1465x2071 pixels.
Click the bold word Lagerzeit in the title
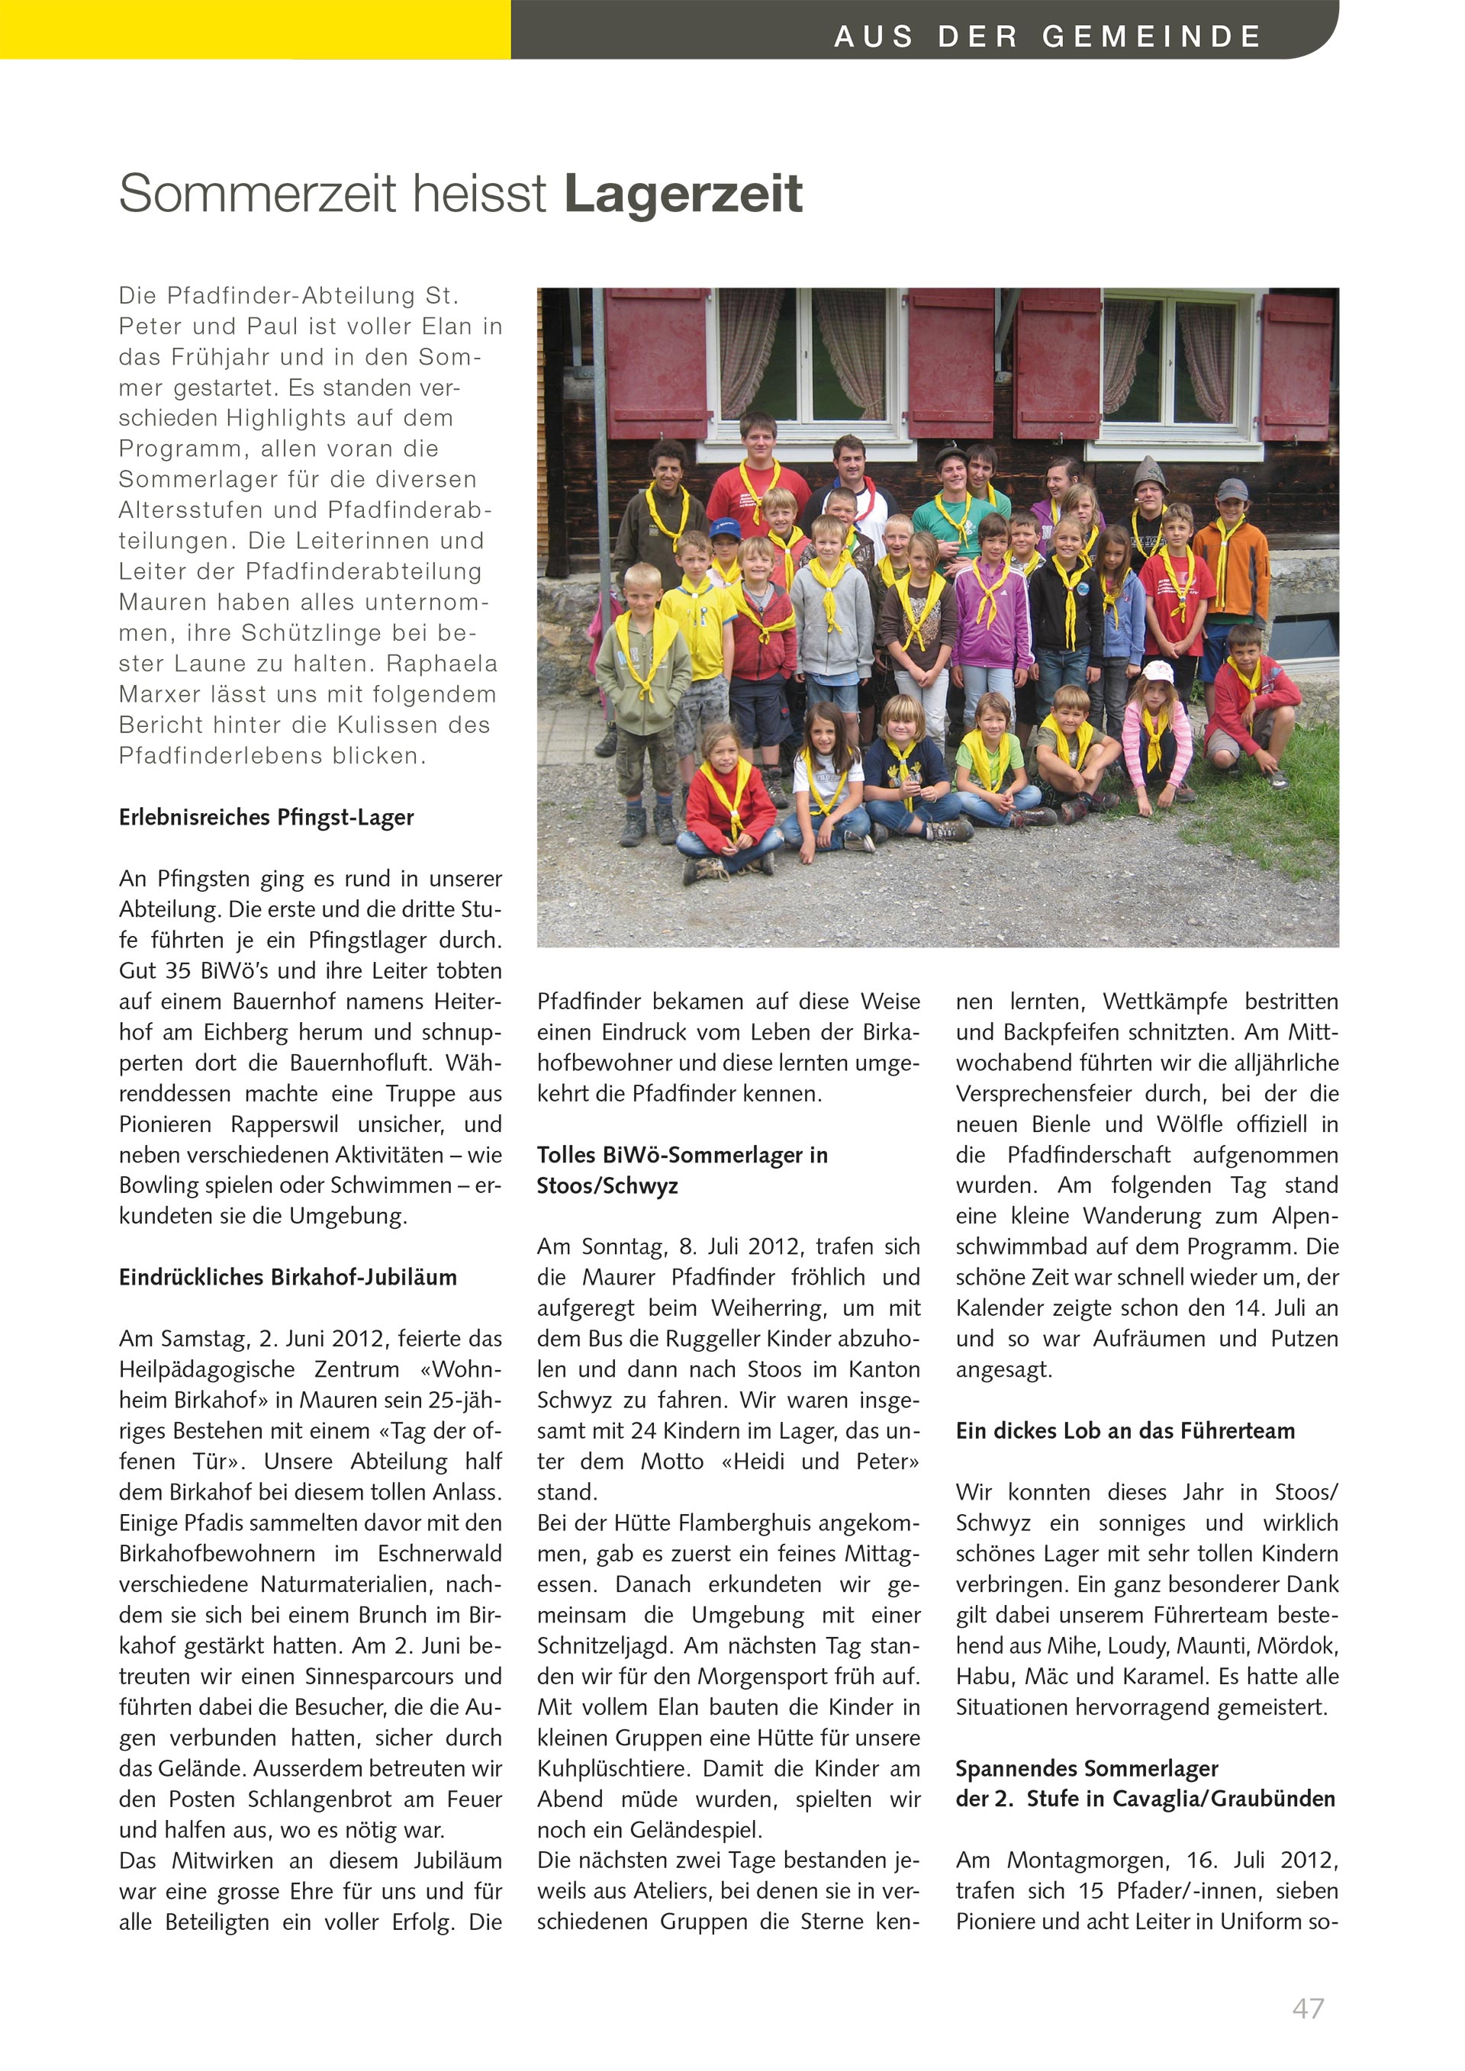(x=683, y=194)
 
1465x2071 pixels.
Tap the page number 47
(x=1307, y=2008)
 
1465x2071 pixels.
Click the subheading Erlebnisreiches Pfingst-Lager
(x=266, y=817)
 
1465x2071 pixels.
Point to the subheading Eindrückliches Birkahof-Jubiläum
(x=288, y=1277)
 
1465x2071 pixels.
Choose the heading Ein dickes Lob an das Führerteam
(x=1125, y=1430)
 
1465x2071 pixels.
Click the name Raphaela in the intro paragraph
(x=442, y=664)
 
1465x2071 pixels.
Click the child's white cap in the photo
(x=1158, y=671)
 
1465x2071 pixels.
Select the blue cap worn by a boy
(x=724, y=527)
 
